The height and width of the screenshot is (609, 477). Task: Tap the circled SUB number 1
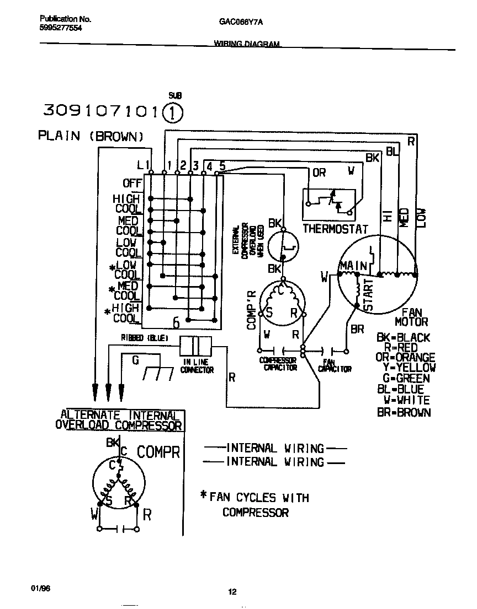(173, 112)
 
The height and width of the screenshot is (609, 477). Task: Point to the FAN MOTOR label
(411, 317)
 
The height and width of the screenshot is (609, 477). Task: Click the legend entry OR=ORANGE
(405, 358)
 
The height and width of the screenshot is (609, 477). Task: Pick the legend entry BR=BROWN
(404, 412)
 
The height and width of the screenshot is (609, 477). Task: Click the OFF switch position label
(132, 183)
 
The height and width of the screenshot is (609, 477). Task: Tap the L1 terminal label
(142, 164)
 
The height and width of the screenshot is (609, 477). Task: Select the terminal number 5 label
(222, 165)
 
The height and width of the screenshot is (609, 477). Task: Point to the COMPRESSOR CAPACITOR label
(278, 364)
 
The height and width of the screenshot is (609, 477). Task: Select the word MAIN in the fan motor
(353, 267)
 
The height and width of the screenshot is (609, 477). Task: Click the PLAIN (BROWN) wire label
(91, 136)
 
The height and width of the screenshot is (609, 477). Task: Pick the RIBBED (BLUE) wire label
(145, 337)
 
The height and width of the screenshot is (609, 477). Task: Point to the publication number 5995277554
(61, 28)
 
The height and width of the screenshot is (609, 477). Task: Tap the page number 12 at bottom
(232, 592)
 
